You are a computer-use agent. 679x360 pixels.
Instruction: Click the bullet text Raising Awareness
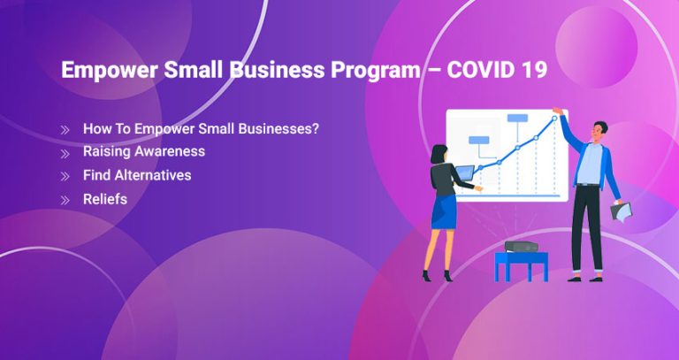click(144, 151)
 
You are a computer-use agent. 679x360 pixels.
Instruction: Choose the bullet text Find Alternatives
click(137, 175)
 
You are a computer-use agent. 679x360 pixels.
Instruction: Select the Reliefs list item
click(105, 199)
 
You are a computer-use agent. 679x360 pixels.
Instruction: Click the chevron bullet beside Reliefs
click(65, 200)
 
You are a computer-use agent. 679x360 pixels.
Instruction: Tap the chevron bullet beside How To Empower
click(65, 129)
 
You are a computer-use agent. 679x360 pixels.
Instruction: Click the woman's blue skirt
click(444, 212)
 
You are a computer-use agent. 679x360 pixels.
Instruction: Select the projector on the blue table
click(522, 246)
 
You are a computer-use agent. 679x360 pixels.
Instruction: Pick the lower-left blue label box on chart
click(478, 140)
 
